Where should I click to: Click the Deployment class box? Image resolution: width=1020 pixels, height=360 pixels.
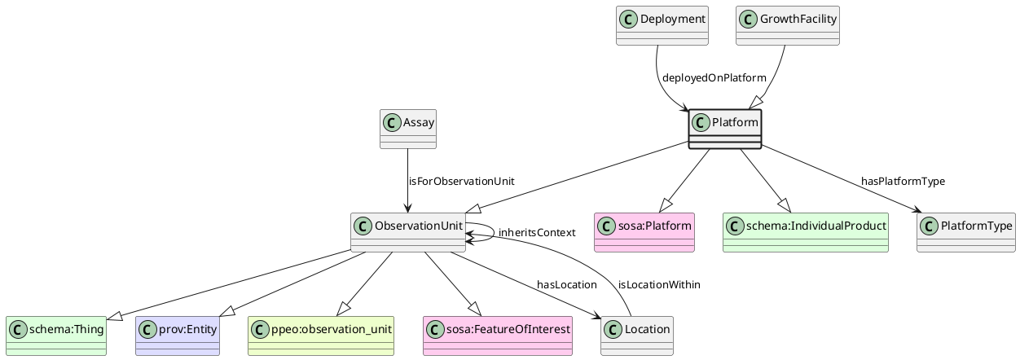662,25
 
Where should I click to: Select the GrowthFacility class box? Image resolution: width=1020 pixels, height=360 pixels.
787,25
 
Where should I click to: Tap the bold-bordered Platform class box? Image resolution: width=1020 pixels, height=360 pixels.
724,129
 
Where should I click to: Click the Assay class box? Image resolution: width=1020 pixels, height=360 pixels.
408,129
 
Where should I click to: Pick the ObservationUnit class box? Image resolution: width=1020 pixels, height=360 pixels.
408,232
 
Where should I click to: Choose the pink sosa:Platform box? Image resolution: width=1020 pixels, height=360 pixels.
645,232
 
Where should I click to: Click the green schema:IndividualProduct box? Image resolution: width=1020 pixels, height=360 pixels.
805,232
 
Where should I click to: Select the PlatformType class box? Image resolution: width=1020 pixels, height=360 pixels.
965,232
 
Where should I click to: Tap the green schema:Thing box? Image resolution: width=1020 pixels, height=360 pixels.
56,336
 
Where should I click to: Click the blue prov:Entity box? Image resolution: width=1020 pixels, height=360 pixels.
178,336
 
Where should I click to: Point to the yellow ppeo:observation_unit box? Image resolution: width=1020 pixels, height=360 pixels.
321,336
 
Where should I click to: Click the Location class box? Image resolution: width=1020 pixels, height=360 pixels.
637,336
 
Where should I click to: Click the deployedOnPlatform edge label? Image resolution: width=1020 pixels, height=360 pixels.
714,78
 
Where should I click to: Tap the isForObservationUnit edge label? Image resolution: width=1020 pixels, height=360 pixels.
461,181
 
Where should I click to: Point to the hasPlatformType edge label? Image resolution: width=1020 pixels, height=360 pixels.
903,181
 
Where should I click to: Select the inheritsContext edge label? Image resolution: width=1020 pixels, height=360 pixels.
537,233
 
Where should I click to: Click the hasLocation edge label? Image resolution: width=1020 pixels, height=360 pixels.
566,284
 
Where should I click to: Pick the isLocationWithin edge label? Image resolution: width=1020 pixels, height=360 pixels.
659,284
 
